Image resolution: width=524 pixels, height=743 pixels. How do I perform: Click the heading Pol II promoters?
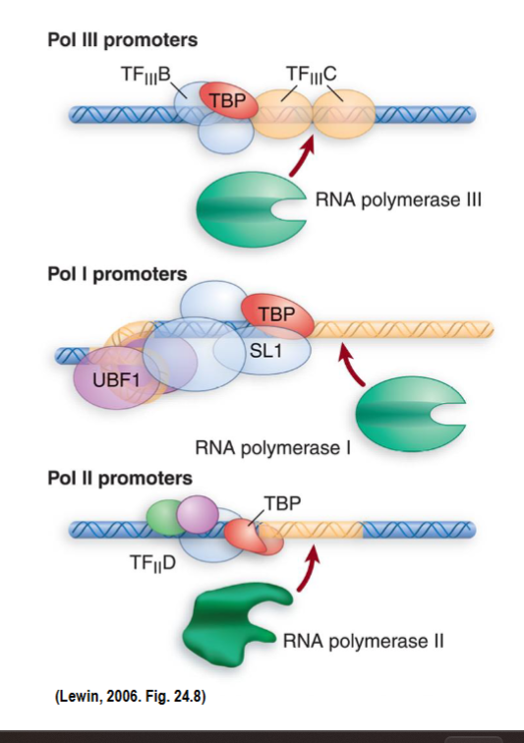pyautogui.click(x=120, y=479)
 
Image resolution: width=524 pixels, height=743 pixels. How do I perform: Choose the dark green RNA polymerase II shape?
pyautogui.click(x=241, y=618)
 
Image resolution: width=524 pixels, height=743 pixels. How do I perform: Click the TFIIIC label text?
pyautogui.click(x=311, y=74)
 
